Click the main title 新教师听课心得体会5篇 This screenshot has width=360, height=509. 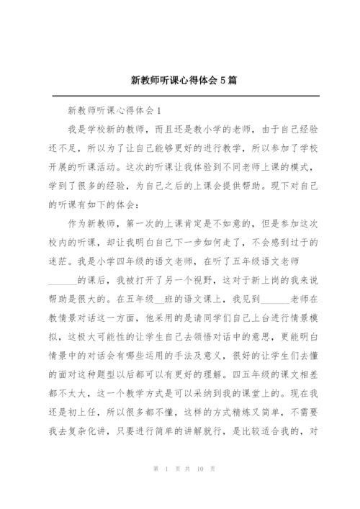point(180,81)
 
